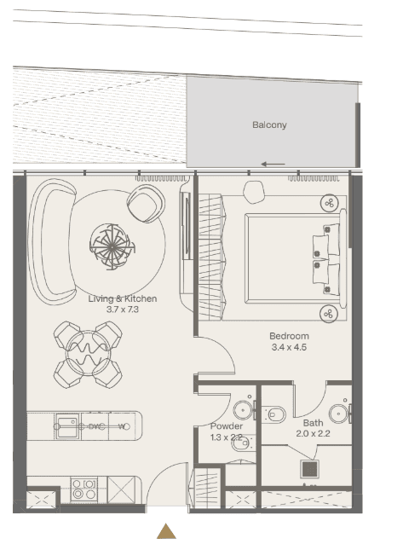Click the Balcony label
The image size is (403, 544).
point(269,125)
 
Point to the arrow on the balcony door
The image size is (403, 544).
point(273,165)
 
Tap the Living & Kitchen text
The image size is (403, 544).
point(123,298)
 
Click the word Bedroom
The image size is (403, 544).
point(289,336)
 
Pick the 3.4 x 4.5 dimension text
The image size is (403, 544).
point(289,348)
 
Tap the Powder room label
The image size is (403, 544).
point(226,426)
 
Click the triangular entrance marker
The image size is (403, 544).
point(167,531)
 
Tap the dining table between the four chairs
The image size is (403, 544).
point(88,354)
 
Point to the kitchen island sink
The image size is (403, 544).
point(67,424)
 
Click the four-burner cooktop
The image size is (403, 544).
point(83,489)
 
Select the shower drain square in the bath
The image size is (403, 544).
point(308,469)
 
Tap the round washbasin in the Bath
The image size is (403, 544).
point(339,413)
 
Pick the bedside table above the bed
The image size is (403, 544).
point(328,202)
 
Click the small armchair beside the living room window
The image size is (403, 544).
point(144,202)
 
